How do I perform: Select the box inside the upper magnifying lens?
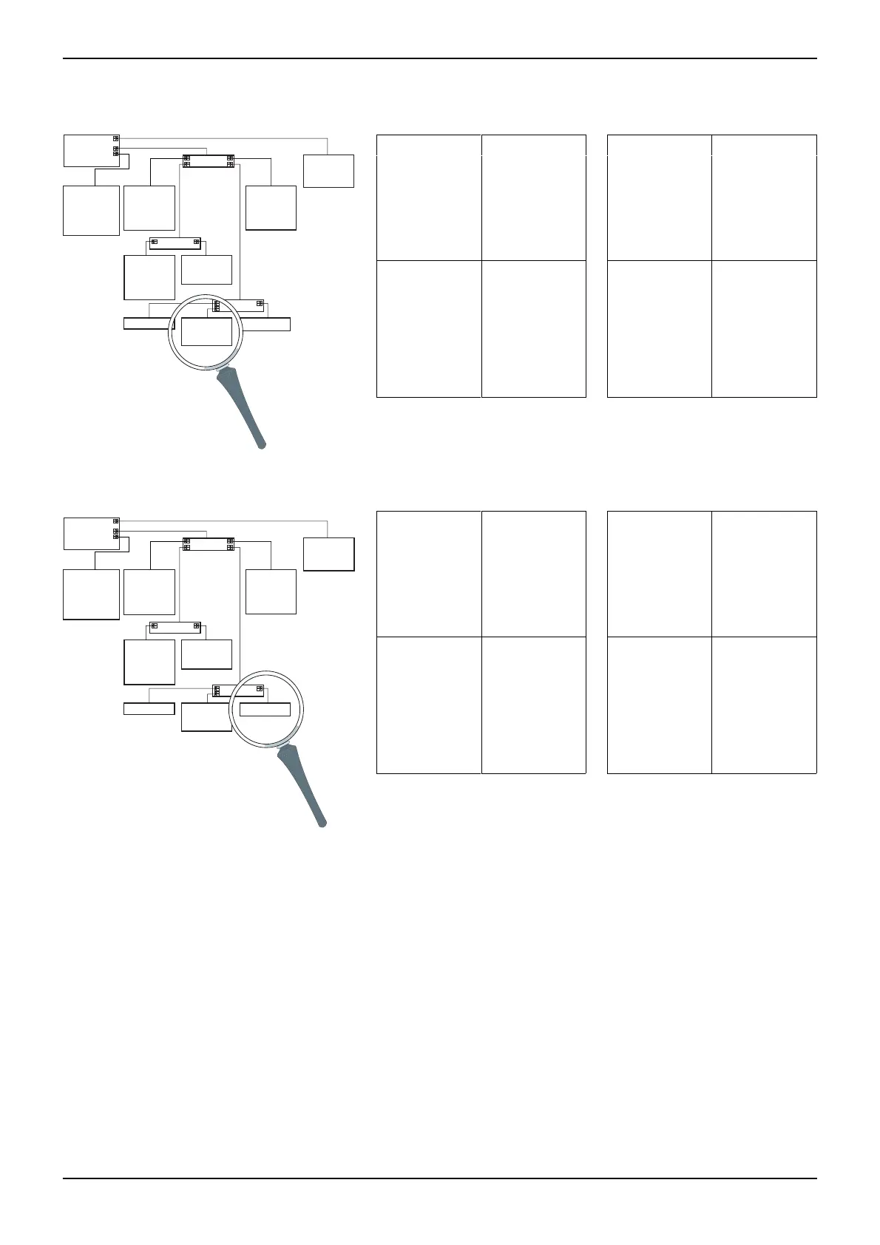click(x=206, y=331)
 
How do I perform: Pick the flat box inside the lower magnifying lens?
click(x=264, y=709)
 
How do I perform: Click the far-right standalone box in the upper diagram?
click(x=328, y=171)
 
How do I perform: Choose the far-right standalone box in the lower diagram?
click(x=328, y=554)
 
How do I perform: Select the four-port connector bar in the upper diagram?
click(x=209, y=161)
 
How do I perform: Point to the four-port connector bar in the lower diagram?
click(x=209, y=544)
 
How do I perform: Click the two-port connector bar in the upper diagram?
click(x=175, y=243)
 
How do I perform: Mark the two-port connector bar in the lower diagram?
click(x=175, y=626)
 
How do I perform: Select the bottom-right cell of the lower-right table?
click(x=764, y=705)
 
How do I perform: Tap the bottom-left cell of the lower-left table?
click(x=429, y=705)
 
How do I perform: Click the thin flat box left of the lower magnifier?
click(x=149, y=709)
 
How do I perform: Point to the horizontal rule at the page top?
click(x=440, y=58)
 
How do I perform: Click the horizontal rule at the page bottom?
click(x=440, y=1178)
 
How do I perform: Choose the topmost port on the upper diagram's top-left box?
click(x=115, y=138)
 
